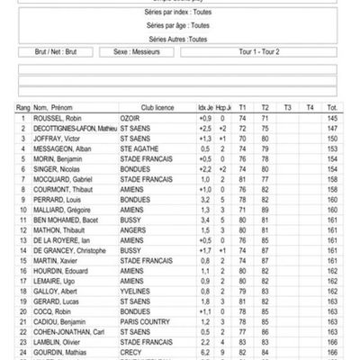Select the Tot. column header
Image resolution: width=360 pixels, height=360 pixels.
tap(332, 107)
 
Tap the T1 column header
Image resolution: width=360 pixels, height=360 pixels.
tap(242, 107)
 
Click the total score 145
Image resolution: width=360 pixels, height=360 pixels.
tap(332, 119)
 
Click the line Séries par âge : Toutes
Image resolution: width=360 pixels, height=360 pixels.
tap(177, 27)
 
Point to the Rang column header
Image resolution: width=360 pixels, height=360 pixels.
tap(24, 107)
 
